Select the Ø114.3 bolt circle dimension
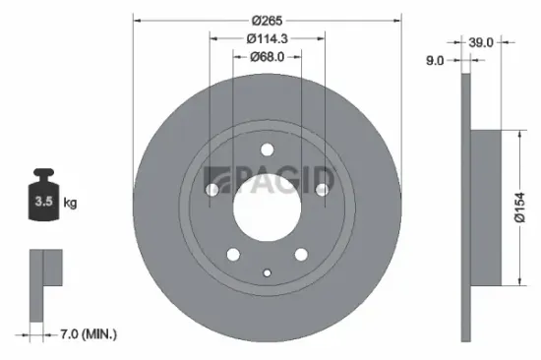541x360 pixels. (x=267, y=38)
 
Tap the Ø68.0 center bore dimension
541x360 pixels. (x=267, y=56)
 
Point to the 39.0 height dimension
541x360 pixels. (x=482, y=43)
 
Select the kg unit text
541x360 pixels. (x=70, y=203)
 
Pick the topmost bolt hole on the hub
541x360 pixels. (x=267, y=150)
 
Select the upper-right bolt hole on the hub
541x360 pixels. (x=321, y=189)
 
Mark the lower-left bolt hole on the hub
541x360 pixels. (x=233, y=255)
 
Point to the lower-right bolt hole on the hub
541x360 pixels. (x=300, y=255)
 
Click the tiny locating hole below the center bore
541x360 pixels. (x=267, y=272)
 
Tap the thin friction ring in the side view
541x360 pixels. (x=466, y=209)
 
